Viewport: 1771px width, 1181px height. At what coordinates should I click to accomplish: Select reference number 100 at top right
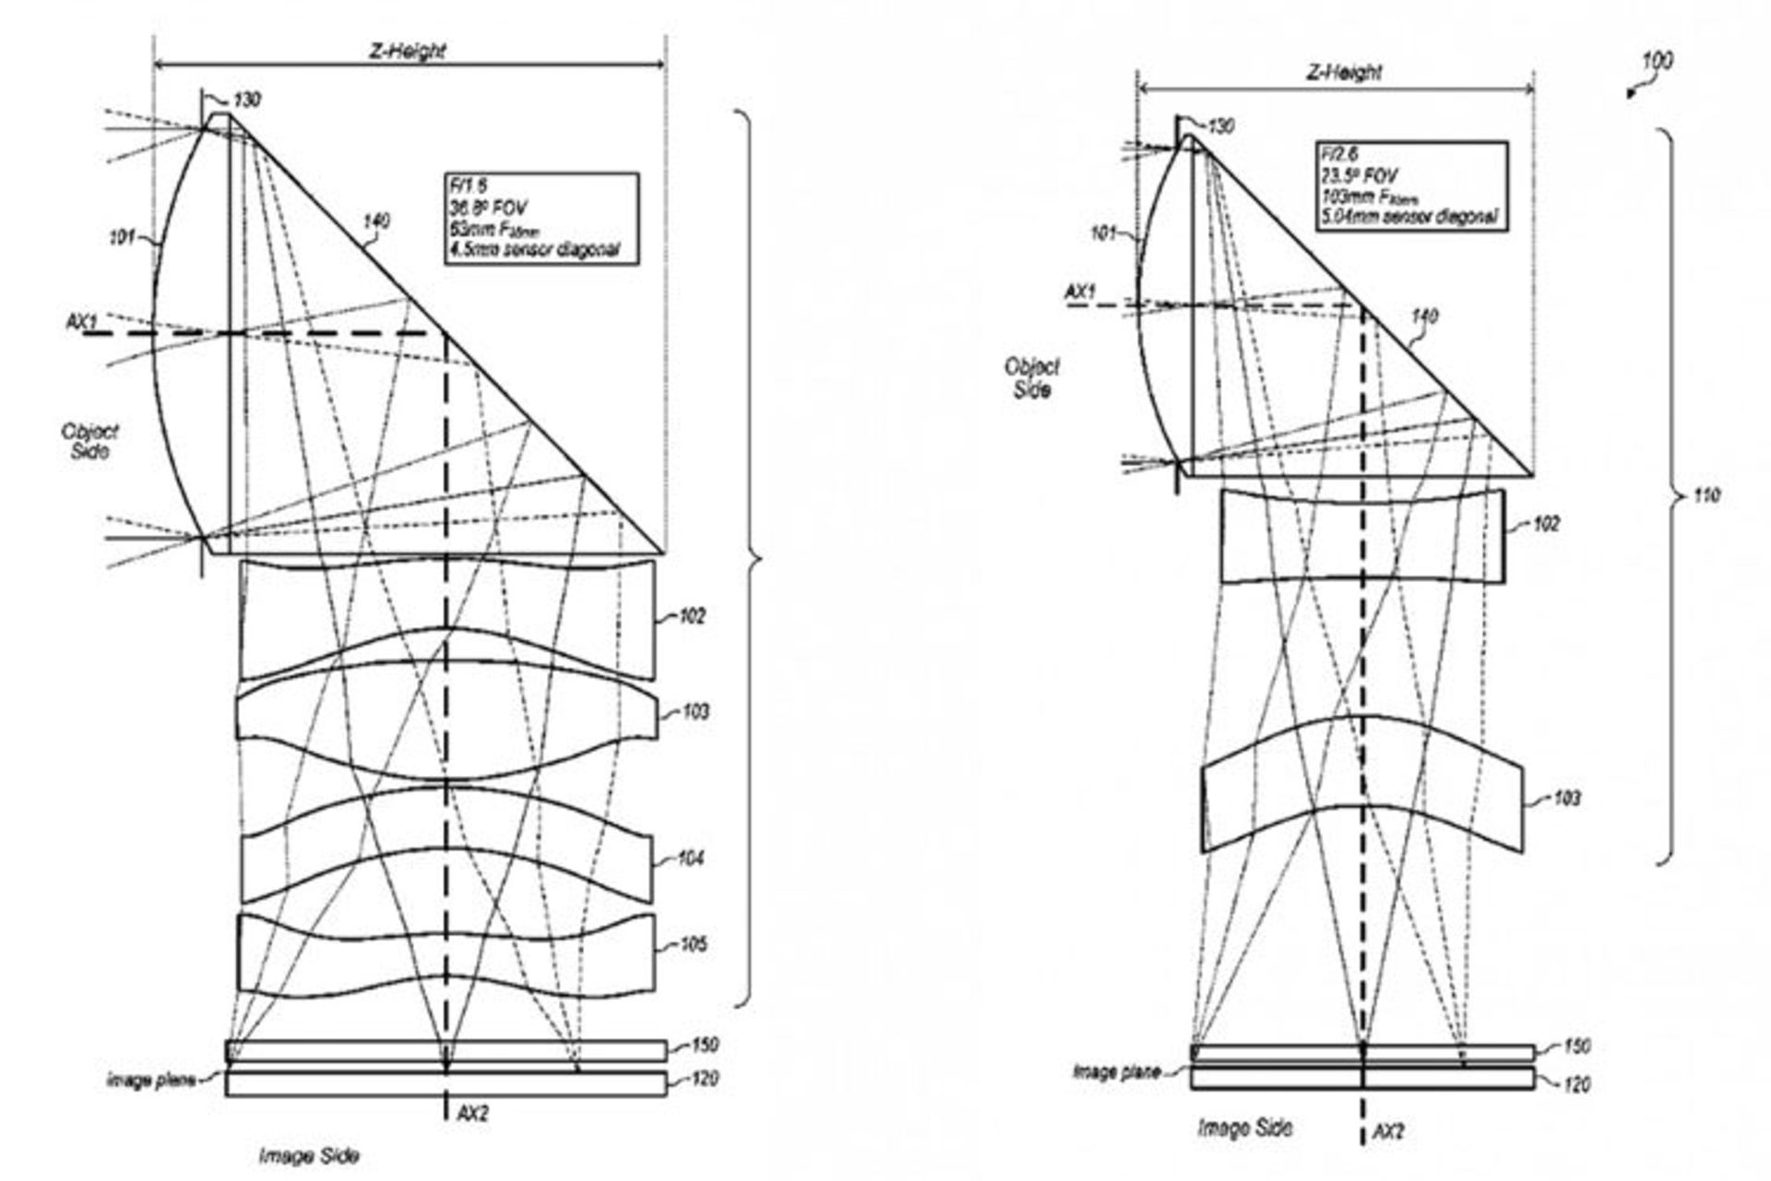coord(1657,62)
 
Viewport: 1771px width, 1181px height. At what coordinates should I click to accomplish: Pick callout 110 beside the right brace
coord(1706,496)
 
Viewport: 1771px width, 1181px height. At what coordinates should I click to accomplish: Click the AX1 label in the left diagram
coord(81,322)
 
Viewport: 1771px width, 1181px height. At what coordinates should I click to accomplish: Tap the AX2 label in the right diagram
coord(1388,1131)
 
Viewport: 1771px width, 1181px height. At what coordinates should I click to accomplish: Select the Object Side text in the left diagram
coord(89,441)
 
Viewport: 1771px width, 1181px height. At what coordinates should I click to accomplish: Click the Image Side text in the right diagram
coord(1244,1127)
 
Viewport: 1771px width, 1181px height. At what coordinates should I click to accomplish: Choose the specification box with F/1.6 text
coord(541,221)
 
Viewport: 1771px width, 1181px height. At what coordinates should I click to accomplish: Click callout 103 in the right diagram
coord(1566,798)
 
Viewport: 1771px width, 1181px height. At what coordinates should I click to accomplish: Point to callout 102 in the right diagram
coord(1545,524)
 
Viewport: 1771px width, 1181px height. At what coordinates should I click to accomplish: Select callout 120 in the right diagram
coord(1577,1085)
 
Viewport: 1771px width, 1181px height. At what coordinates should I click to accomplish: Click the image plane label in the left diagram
coord(151,1080)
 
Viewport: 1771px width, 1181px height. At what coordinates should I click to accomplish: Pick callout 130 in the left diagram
coord(246,100)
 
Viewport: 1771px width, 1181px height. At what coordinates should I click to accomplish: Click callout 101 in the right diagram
coord(1104,233)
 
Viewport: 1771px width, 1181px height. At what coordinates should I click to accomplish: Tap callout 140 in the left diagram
coord(376,221)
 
